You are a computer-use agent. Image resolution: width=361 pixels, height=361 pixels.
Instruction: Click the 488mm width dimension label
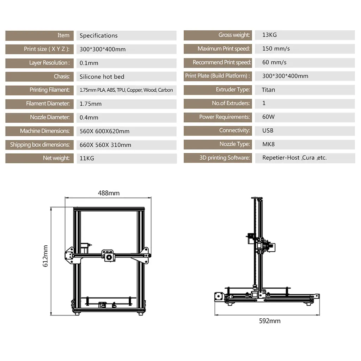109,193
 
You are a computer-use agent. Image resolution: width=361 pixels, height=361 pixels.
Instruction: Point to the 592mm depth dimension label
270,321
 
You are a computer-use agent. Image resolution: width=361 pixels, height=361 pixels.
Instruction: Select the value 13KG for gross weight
270,35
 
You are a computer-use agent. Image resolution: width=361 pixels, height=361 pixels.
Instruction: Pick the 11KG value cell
87,158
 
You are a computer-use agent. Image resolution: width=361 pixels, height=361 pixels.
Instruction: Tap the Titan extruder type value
268,90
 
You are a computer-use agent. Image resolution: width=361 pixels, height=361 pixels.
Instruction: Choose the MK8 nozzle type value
268,144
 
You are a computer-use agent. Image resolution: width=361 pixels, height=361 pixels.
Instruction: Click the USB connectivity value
268,130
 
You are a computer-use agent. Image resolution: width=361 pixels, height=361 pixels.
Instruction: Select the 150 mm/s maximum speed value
276,49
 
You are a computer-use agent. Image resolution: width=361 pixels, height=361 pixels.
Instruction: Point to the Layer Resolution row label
49,63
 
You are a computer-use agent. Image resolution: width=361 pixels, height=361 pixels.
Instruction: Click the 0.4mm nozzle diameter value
89,117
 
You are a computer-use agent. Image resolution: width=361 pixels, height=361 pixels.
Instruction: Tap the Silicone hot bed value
102,77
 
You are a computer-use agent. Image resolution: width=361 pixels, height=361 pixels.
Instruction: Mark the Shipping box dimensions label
40,145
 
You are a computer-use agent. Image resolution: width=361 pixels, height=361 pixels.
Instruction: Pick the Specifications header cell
99,35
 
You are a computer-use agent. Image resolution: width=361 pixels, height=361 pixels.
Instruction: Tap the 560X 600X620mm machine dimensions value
104,131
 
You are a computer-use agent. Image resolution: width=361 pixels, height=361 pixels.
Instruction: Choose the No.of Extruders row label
231,103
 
